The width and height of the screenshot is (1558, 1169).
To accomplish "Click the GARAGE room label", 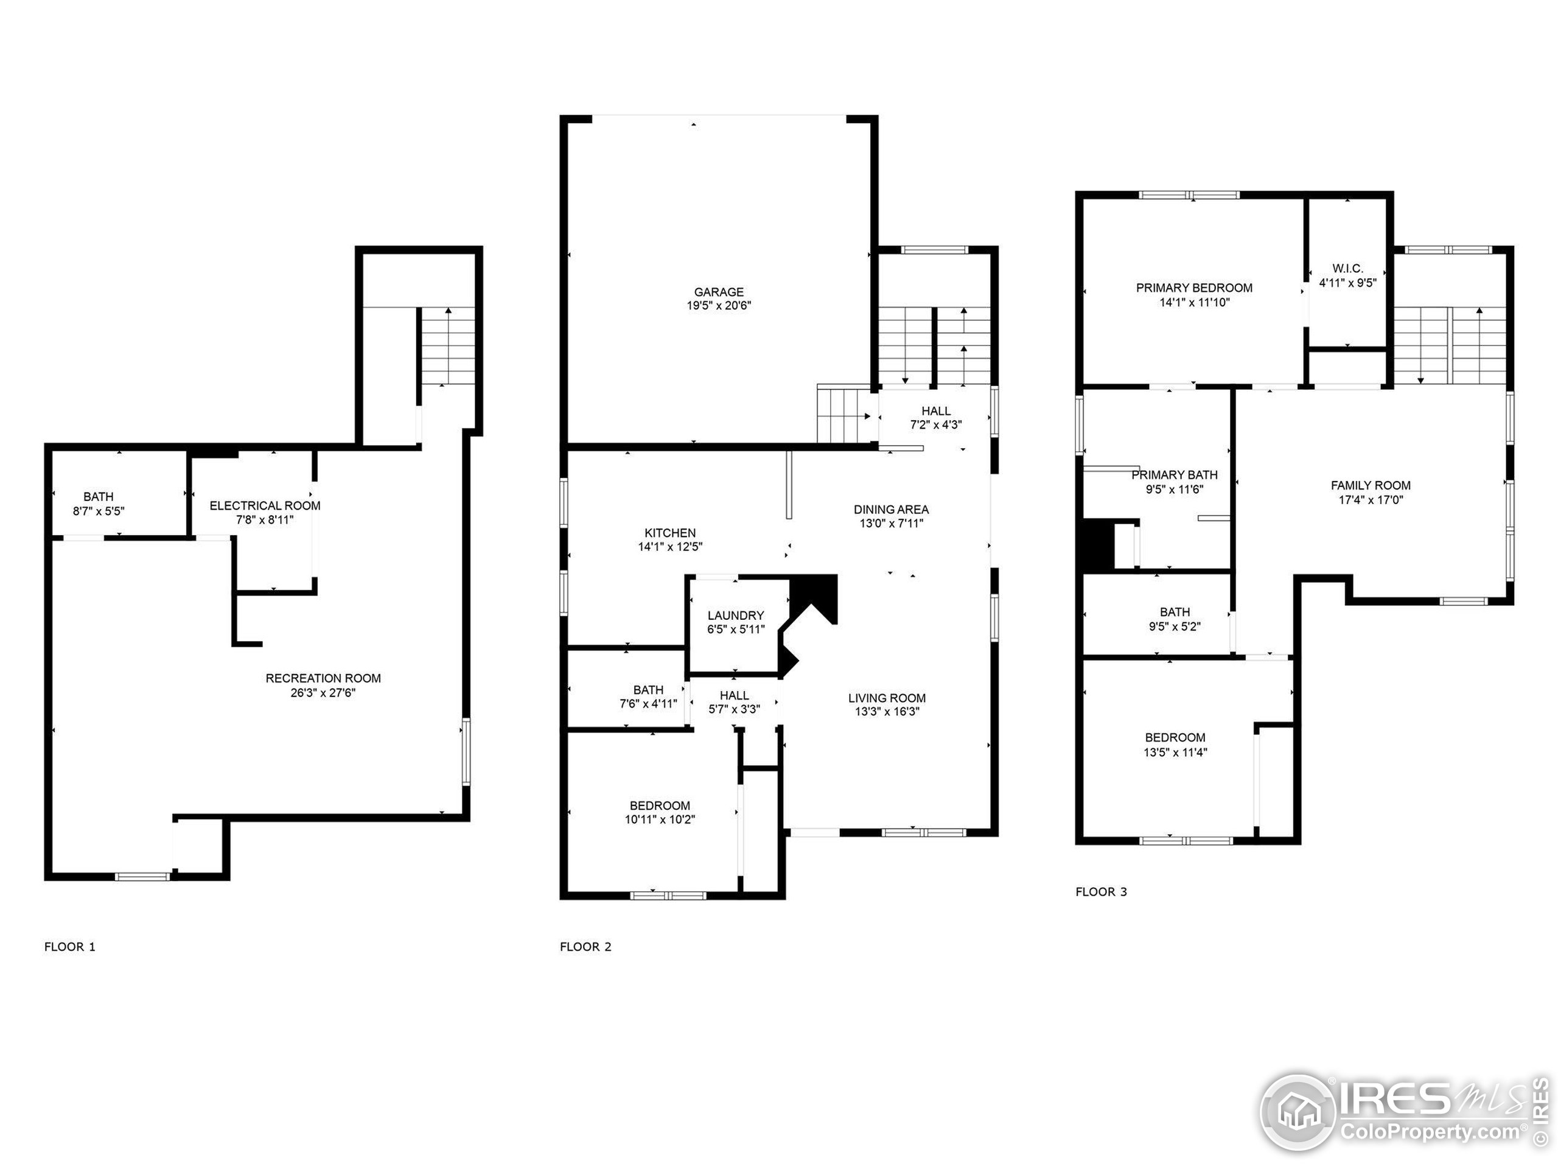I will (718, 292).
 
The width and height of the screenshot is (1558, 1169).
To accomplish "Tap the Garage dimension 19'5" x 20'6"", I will (718, 306).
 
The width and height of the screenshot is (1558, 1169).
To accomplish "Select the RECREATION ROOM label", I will (323, 678).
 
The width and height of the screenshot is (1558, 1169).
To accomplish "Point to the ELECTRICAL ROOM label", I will (265, 505).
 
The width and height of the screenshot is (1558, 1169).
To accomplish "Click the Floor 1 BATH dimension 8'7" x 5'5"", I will (99, 511).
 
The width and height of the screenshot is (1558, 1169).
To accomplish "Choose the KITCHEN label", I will (670, 533).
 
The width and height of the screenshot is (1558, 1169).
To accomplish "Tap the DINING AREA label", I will (891, 509).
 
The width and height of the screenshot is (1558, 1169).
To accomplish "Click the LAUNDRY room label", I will (735, 615).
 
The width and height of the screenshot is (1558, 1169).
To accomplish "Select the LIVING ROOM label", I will (887, 698).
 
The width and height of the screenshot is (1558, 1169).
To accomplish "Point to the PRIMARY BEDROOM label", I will (1194, 287).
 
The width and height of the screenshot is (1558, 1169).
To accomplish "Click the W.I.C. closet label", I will (1347, 269).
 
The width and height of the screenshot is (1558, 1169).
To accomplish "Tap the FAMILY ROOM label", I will (1370, 485).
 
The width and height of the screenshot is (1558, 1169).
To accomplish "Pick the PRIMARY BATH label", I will (1174, 475).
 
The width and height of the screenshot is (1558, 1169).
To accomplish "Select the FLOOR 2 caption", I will (585, 946).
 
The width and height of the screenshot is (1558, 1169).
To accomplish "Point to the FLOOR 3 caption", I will (1101, 891).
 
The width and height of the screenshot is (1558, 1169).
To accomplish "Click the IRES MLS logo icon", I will (1298, 1111).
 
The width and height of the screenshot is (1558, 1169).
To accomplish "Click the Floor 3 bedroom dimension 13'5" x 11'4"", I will (1175, 752).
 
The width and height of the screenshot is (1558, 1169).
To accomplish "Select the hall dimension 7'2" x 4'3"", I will (936, 425).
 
